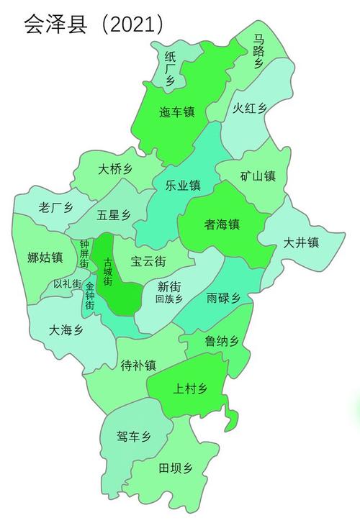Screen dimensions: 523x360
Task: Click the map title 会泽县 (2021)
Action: (x=93, y=25)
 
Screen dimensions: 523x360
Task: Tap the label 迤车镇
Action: (x=176, y=112)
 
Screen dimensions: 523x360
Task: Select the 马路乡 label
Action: (x=258, y=51)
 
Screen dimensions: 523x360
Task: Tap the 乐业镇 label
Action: (x=183, y=186)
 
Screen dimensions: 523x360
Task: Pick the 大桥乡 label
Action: (x=115, y=170)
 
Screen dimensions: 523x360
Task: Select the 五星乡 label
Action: (x=114, y=215)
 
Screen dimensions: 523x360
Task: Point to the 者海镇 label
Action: (x=222, y=224)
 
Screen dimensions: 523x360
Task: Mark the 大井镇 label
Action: (x=300, y=242)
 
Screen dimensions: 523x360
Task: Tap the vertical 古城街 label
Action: (x=108, y=271)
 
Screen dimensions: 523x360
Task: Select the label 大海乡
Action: (x=66, y=330)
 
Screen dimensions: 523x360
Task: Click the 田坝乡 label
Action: (x=176, y=468)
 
